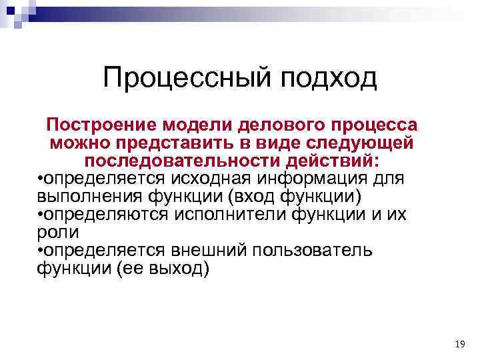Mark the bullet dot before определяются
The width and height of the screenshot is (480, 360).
point(41,215)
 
